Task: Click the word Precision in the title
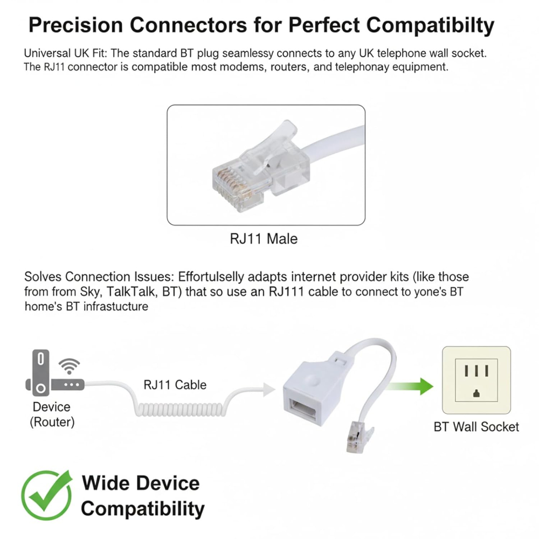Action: point(75,25)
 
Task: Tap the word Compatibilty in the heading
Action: point(430,25)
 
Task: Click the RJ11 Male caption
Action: point(264,239)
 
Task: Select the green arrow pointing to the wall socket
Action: point(410,386)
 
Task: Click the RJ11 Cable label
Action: point(175,385)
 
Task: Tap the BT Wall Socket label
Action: point(476,426)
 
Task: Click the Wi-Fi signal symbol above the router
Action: point(69,366)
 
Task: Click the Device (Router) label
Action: point(52,414)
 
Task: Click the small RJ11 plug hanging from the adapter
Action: point(358,436)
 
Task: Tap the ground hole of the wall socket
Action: point(476,393)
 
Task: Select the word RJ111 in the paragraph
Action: point(286,292)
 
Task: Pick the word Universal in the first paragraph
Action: point(47,53)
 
